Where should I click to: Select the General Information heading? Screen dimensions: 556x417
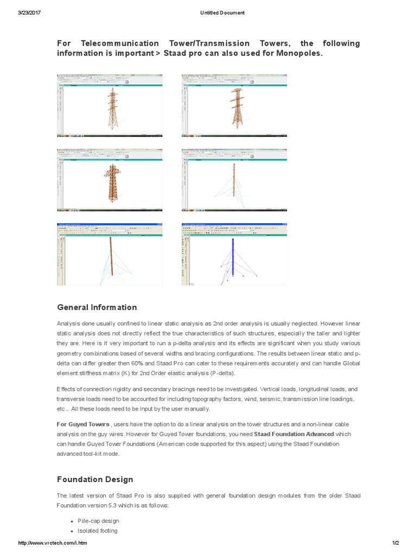[97, 307]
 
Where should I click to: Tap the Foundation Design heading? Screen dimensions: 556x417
[95, 479]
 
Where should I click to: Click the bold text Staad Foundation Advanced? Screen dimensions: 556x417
[294, 434]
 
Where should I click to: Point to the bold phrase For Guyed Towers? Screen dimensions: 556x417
[83, 424]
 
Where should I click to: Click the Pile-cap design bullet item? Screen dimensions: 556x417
[98, 521]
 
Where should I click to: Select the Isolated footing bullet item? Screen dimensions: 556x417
[98, 530]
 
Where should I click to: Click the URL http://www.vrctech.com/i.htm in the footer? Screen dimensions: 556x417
[53, 543]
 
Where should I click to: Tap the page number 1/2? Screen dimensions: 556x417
[395, 543]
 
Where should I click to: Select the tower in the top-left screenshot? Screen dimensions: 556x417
[112, 109]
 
